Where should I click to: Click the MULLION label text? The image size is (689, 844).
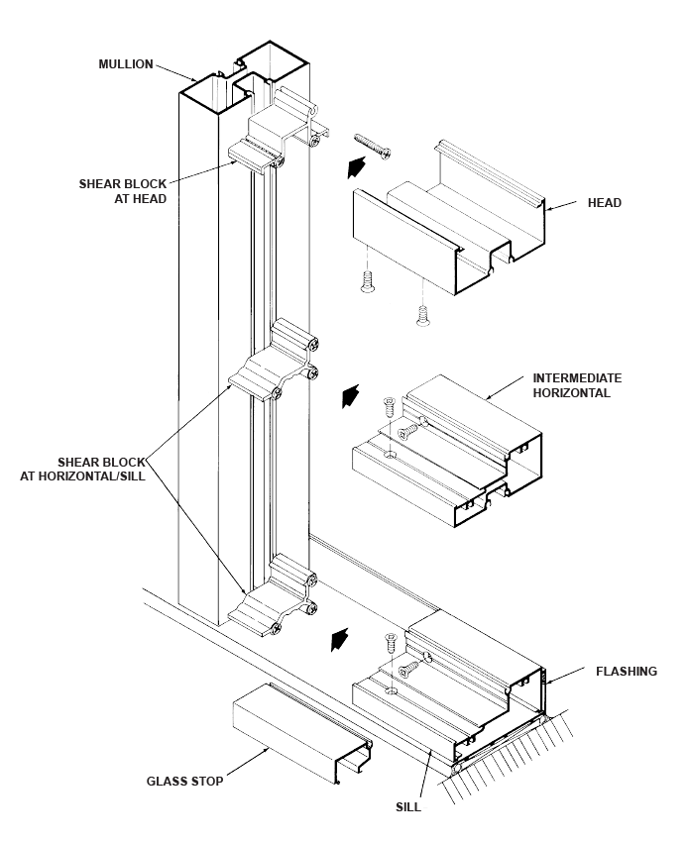(x=126, y=63)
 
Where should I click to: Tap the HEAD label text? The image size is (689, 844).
(x=604, y=203)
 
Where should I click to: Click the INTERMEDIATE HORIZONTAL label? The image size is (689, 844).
(x=578, y=385)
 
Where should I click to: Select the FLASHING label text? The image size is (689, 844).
(x=626, y=671)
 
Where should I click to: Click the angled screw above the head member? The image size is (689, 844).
(x=368, y=144)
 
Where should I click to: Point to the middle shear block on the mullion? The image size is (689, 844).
(x=275, y=368)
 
